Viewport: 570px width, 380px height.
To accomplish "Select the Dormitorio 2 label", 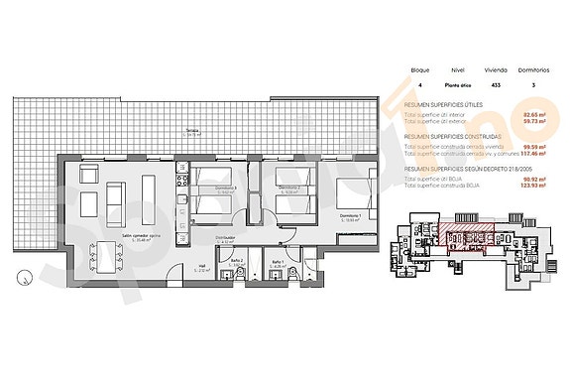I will [x=288, y=188].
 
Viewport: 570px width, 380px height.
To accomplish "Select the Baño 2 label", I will [x=237, y=262].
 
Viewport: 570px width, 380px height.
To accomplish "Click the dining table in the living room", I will [x=107, y=256].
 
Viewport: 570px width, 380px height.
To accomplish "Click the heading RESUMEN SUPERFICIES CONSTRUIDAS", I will [x=452, y=136].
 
